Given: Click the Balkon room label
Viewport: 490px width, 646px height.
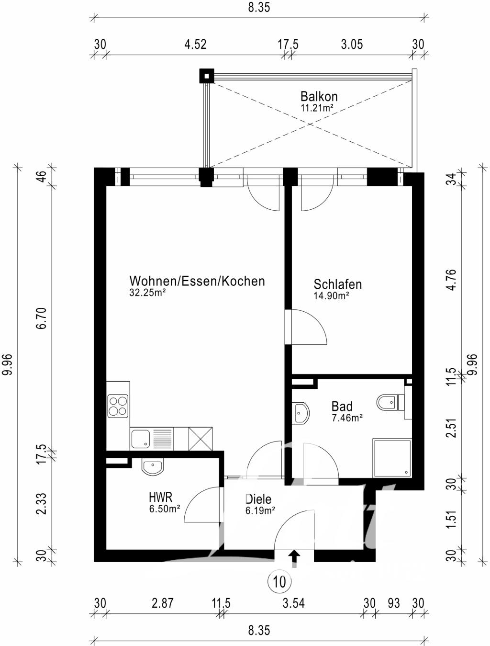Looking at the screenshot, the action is [319, 97].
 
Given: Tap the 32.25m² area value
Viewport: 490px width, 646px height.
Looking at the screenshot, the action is [146, 293].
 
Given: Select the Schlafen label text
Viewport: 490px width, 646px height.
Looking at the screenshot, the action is [337, 284].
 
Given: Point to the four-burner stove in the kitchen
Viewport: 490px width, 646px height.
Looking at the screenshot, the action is [118, 406].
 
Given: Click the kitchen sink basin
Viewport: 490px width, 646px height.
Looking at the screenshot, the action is [141, 439].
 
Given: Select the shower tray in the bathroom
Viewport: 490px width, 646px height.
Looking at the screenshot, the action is [392, 458].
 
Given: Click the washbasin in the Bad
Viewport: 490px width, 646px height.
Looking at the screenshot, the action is [301, 413].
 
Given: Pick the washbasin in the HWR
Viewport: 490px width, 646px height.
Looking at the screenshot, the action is [152, 467].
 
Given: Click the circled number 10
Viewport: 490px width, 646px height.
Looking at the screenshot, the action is [279, 581].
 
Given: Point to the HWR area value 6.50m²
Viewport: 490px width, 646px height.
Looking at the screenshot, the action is [164, 509].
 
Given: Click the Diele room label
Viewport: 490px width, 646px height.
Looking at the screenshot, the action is [258, 499].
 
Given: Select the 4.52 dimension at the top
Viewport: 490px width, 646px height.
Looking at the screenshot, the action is [195, 45].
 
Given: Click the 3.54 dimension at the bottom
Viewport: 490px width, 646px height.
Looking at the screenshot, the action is [293, 603].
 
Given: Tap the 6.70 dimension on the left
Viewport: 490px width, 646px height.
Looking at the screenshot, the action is [42, 318].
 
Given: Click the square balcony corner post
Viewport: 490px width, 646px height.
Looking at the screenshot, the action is [207, 76].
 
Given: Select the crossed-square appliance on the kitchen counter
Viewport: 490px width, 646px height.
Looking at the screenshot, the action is [200, 439].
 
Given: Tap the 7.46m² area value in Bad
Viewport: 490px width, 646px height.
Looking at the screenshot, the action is [347, 418].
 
